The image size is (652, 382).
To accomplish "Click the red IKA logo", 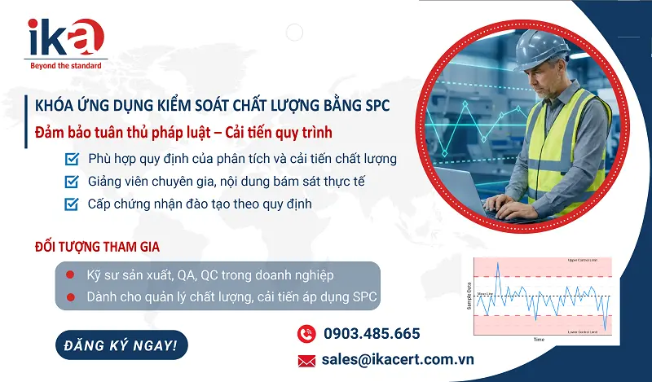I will click(65, 37).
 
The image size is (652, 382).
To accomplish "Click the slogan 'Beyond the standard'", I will click(65, 65).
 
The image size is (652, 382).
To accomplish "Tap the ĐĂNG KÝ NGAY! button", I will click(121, 345).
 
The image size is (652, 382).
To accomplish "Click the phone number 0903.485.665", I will click(372, 333).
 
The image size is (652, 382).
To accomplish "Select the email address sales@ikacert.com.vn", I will click(398, 359).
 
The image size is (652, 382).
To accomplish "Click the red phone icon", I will click(306, 333).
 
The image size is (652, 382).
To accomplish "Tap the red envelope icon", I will click(306, 360).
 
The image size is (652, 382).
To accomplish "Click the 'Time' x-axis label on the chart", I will click(538, 338).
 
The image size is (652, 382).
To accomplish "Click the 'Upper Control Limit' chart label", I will click(584, 261).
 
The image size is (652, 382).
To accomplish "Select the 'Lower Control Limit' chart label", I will click(584, 332).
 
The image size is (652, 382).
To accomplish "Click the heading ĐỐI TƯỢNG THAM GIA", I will click(97, 246).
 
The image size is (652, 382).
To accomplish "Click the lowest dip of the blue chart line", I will click(606, 330).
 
